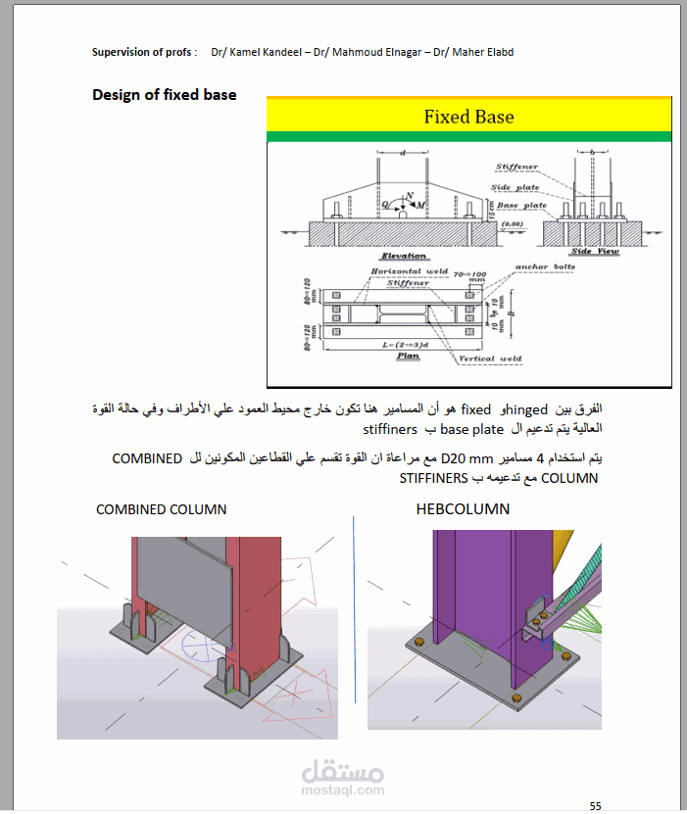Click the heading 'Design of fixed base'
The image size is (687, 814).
tap(164, 95)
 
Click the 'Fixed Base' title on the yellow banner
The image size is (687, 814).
tap(468, 117)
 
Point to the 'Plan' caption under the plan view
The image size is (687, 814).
tap(408, 356)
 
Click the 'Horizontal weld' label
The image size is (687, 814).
tap(409, 271)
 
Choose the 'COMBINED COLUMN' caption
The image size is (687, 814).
tap(161, 509)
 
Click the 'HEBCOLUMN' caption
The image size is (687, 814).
tap(463, 509)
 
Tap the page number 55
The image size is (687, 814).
tap(595, 805)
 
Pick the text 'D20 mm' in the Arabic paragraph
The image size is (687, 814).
tap(465, 458)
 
